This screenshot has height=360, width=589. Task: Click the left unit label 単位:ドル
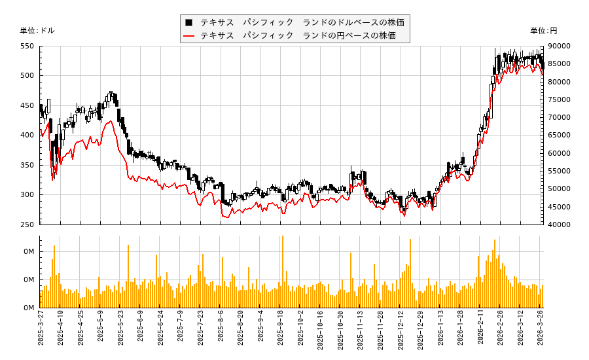[x=37, y=31]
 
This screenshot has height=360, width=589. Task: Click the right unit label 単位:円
[x=543, y=31]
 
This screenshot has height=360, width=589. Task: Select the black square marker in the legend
[x=189, y=22]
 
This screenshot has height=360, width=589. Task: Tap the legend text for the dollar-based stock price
[x=302, y=22]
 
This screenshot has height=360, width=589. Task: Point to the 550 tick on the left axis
[x=27, y=46]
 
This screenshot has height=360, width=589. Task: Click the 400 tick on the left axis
[x=27, y=135]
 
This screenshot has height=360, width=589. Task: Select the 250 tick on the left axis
[x=27, y=225]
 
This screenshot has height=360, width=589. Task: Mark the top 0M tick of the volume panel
[x=29, y=252]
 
